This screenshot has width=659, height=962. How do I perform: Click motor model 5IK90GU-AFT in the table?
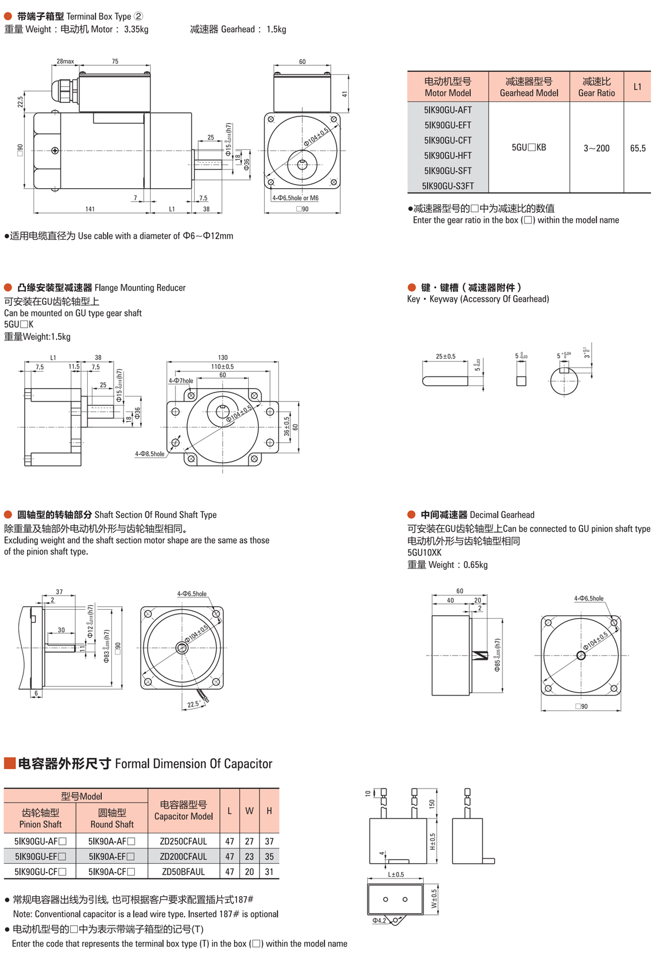click(448, 110)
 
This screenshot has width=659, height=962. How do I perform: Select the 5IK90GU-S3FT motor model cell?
click(448, 186)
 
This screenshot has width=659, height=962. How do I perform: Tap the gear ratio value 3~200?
click(596, 148)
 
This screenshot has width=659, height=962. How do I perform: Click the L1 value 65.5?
click(638, 148)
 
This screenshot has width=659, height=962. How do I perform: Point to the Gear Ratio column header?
click(596, 86)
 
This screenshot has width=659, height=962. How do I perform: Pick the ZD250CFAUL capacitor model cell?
click(183, 841)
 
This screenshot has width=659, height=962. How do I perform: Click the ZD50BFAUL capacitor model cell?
click(183, 871)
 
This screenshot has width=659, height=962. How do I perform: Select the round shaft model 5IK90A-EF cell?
click(112, 857)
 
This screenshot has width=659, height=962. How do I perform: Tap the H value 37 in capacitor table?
click(269, 841)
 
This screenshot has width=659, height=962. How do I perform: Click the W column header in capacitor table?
click(249, 811)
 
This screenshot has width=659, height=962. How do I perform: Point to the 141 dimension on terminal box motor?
click(90, 209)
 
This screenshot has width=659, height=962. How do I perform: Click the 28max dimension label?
click(65, 61)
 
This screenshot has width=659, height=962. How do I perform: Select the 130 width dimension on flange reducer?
click(222, 358)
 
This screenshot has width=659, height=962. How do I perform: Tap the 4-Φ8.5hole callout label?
click(150, 454)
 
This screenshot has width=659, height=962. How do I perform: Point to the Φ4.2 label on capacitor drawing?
click(379, 920)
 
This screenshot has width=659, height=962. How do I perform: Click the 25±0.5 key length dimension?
click(445, 356)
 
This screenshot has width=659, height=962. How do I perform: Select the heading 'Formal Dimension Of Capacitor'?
click(194, 764)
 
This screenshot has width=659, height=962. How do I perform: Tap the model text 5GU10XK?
click(424, 553)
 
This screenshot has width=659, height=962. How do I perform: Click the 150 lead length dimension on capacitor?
click(432, 803)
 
